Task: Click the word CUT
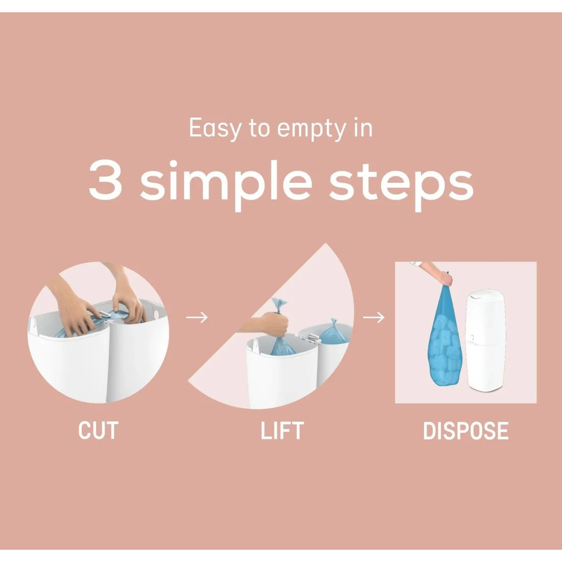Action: click(x=98, y=431)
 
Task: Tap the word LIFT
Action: click(x=282, y=431)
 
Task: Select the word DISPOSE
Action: click(x=465, y=431)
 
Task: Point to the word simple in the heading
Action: click(x=226, y=183)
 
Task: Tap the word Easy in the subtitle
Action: click(x=215, y=129)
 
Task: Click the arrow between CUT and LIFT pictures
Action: click(x=197, y=317)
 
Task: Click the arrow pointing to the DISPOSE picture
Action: click(x=373, y=317)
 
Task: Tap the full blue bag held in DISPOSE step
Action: click(x=445, y=335)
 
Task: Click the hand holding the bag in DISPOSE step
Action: click(x=444, y=278)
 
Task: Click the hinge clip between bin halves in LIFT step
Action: click(x=307, y=336)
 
